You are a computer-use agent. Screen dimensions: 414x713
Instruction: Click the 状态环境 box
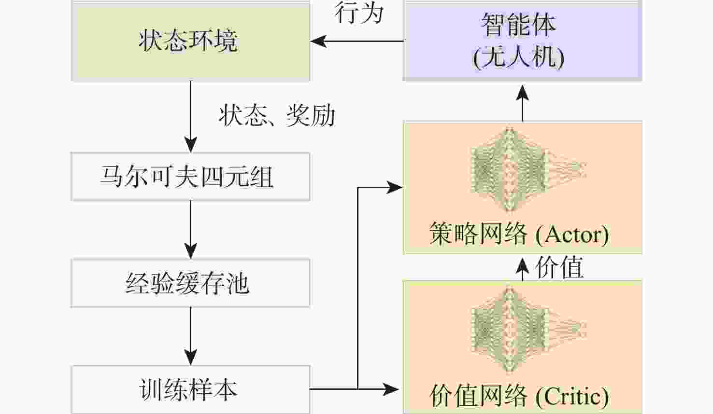point(190,41)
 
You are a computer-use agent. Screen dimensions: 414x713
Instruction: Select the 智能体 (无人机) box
point(522,41)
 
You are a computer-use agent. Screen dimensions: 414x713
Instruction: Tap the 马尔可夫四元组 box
point(190,177)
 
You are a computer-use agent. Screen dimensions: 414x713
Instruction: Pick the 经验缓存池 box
point(190,283)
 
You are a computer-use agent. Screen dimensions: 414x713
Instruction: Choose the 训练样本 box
point(190,389)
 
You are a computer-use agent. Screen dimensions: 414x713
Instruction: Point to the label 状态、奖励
point(277,116)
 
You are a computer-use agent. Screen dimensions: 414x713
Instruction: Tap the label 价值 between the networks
point(559,267)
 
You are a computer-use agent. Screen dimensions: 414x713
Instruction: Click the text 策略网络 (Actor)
point(519,235)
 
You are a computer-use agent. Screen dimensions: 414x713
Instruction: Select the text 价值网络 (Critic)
point(519,397)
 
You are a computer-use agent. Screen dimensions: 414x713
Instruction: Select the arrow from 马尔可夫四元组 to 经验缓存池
point(191,229)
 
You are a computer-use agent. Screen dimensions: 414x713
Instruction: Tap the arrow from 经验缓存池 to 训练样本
point(191,336)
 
